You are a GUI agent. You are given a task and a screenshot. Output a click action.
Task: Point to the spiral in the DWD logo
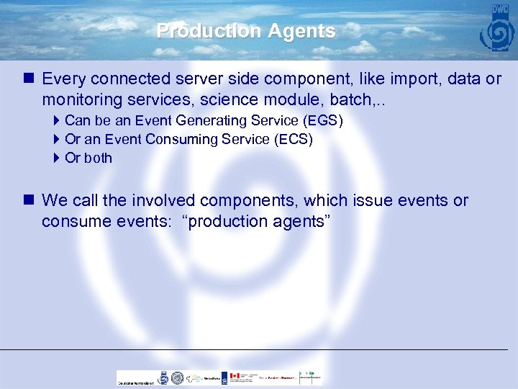(497, 34)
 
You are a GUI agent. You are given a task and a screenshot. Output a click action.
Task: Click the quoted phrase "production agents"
(258, 220)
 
